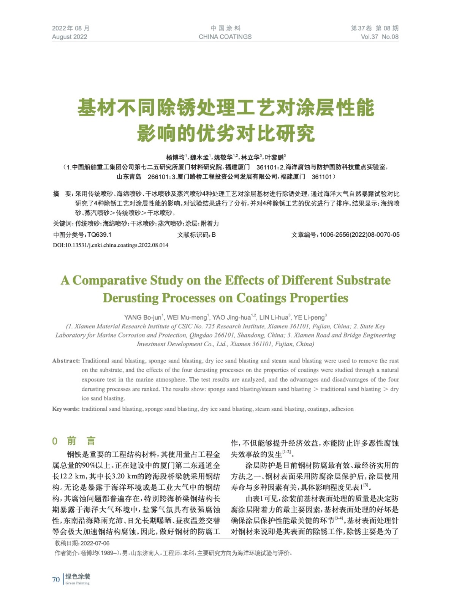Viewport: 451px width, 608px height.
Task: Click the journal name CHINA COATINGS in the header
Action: pyautogui.click(x=225, y=37)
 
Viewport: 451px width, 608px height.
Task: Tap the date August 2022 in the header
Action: pyautogui.click(x=70, y=37)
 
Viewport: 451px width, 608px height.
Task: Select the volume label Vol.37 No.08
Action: pyautogui.click(x=379, y=37)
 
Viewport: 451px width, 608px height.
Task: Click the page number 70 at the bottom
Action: pyautogui.click(x=56, y=579)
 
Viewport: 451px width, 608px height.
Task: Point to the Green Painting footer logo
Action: pyautogui.click(x=78, y=579)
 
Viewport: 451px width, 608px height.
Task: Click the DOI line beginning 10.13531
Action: pyautogui.click(x=111, y=245)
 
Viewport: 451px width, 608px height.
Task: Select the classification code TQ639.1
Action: pyautogui.click(x=100, y=235)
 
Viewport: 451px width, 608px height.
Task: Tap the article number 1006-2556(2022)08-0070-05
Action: pyautogui.click(x=359, y=235)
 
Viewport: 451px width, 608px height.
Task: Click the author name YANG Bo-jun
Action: pyautogui.click(x=143, y=317)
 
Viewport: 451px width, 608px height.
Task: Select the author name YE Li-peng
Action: pyautogui.click(x=309, y=317)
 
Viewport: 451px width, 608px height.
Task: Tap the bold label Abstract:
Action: pyautogui.click(x=66, y=361)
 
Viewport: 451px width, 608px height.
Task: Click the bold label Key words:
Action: pyautogui.click(x=66, y=409)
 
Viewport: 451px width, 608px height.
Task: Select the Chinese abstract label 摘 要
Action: pyautogui.click(x=62, y=194)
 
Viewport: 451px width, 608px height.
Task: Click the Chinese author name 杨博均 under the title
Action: pyautogui.click(x=175, y=157)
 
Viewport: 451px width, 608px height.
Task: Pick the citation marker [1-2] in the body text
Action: pyautogui.click(x=286, y=452)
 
